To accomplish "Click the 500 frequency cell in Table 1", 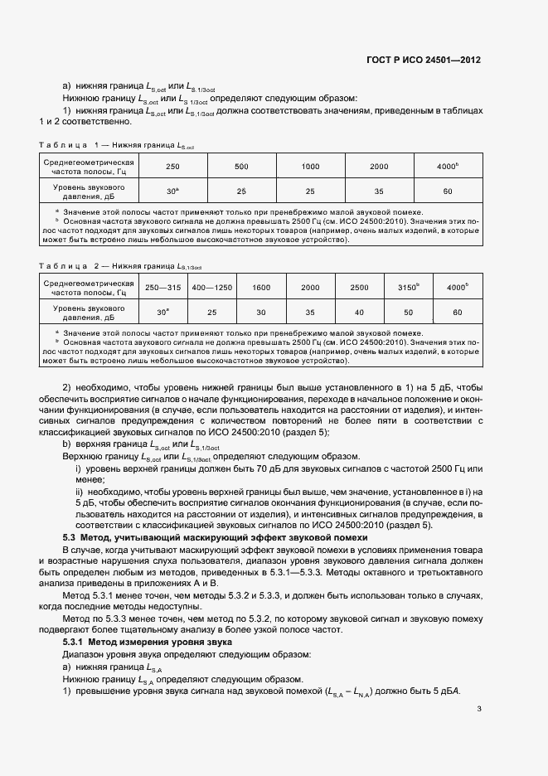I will click(x=241, y=167).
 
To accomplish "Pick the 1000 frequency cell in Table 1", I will click(x=310, y=167).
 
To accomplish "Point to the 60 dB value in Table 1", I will click(x=447, y=191).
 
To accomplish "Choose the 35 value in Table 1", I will click(x=379, y=191).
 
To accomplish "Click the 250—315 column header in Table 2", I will click(x=162, y=287).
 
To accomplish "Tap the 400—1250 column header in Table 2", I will click(x=211, y=287).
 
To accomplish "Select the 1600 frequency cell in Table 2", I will click(x=261, y=287).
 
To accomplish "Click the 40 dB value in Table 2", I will click(x=359, y=313).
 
